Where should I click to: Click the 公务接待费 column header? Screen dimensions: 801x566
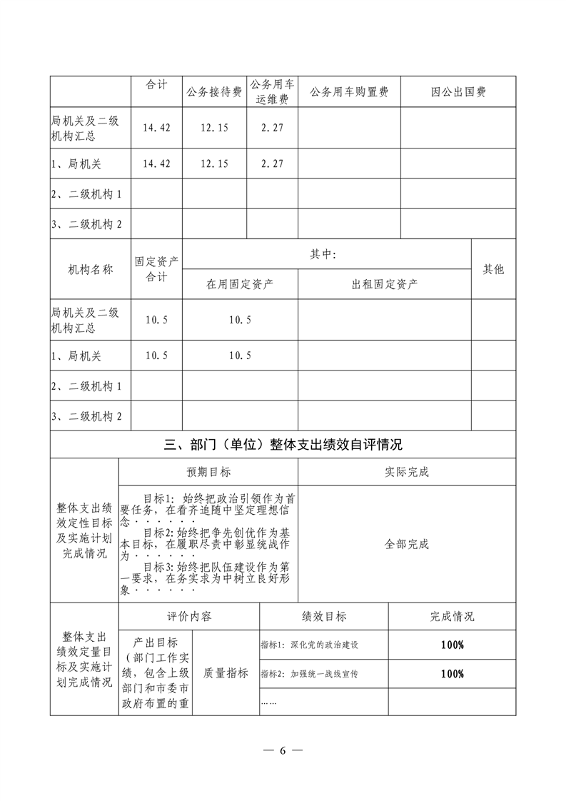coord(214,92)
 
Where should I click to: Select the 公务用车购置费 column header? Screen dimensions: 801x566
coord(349,92)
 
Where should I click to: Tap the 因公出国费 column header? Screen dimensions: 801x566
coord(458,92)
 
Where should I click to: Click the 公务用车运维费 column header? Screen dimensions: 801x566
coord(272,92)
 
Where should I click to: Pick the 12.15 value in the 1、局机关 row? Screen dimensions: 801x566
coord(214,163)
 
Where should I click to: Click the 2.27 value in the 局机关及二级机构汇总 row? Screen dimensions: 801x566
coord(272,128)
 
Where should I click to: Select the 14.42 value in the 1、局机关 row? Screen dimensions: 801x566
coord(156,163)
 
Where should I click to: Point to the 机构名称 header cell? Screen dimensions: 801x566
coord(91,269)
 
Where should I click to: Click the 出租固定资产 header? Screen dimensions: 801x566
coord(385,283)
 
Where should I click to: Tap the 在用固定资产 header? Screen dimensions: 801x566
coord(240,283)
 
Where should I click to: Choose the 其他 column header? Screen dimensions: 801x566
coord(493,269)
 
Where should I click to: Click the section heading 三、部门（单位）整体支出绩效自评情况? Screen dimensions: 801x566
coord(283,445)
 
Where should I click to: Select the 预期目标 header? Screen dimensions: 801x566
coord(208,472)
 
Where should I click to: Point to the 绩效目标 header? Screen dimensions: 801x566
coord(324,616)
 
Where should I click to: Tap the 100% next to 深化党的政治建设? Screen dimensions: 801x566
coord(452,645)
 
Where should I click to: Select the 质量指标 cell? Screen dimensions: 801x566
coord(226,672)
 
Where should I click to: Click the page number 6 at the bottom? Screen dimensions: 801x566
coord(283,750)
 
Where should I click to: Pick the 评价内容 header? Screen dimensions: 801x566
coord(189,616)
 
